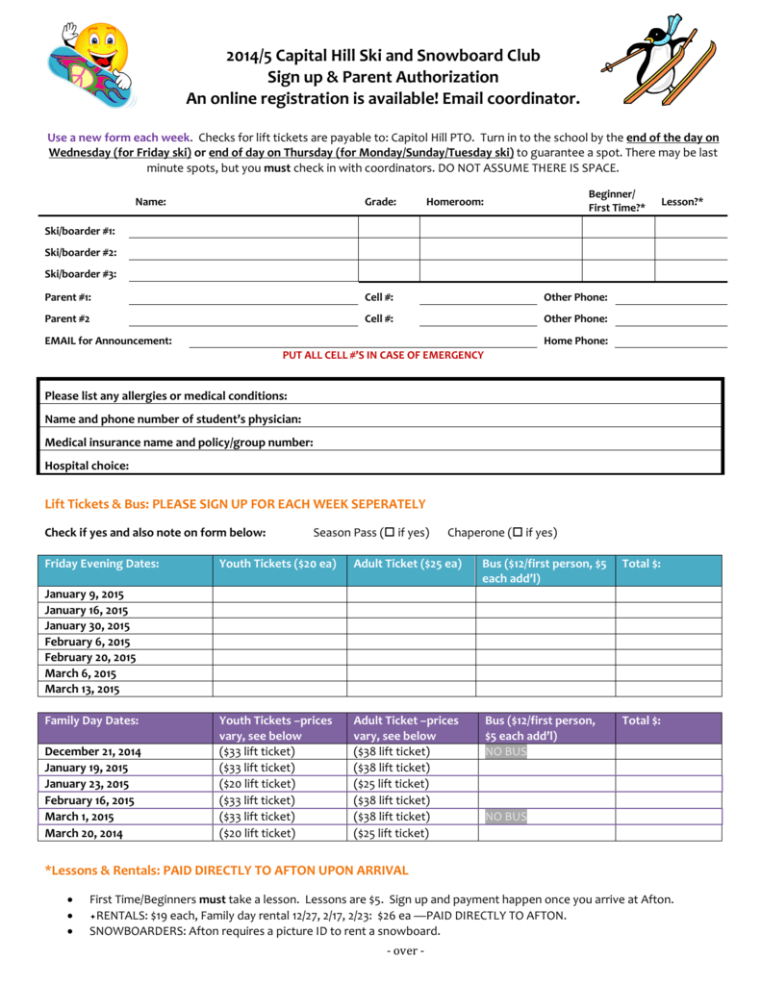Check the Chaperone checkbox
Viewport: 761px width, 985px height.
tap(517, 533)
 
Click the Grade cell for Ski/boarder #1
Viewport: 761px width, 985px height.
tap(389, 227)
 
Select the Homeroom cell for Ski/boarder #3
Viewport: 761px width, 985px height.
tap(500, 270)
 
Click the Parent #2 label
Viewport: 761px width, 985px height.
tap(67, 318)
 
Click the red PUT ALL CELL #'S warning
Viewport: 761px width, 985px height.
tap(382, 355)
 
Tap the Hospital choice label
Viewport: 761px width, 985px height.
tap(87, 466)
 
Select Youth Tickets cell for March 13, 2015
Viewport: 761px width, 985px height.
tap(279, 689)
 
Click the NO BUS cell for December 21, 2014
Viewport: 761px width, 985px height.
tap(506, 751)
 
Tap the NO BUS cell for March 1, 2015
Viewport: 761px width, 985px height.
tap(506, 817)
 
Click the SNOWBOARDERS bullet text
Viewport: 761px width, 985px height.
tap(265, 930)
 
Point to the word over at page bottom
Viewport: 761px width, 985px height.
tap(404, 951)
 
